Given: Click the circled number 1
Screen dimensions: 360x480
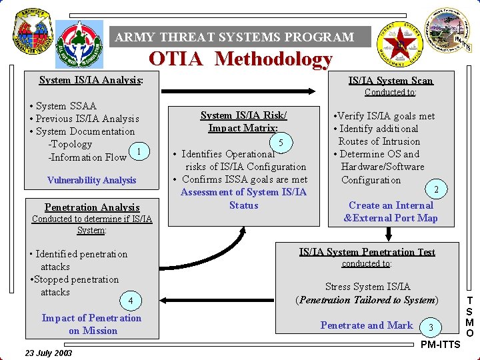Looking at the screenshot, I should pyautogui.click(x=138, y=152).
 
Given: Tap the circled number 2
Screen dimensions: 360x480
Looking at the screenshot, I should pyautogui.click(x=436, y=189).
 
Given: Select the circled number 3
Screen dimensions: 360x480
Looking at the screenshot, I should pyautogui.click(x=431, y=326).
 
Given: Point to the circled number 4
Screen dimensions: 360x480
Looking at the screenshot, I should pyautogui.click(x=131, y=301).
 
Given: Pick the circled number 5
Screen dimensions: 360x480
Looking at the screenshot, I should pyautogui.click(x=281, y=142).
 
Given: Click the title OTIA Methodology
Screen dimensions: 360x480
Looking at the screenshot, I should pyautogui.click(x=240, y=59).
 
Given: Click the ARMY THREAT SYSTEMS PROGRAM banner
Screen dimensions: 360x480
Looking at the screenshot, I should pyautogui.click(x=235, y=37).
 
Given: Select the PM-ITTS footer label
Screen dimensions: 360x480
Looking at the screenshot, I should pyautogui.click(x=440, y=345).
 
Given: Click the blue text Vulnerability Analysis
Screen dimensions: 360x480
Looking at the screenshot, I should pyautogui.click(x=91, y=180).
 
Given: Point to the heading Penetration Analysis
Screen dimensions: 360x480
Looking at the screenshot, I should pyautogui.click(x=92, y=207).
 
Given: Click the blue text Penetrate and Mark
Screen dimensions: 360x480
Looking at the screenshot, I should pyautogui.click(x=367, y=325).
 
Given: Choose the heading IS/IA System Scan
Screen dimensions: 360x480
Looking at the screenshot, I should pyautogui.click(x=390, y=81).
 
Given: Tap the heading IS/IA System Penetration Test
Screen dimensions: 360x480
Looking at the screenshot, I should pyautogui.click(x=367, y=252).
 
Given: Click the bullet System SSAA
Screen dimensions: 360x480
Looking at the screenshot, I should pyautogui.click(x=63, y=106).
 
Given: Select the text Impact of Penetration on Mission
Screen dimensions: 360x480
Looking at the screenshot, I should pyautogui.click(x=91, y=324).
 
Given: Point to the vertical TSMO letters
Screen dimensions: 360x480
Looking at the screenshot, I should pyautogui.click(x=470, y=317).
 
